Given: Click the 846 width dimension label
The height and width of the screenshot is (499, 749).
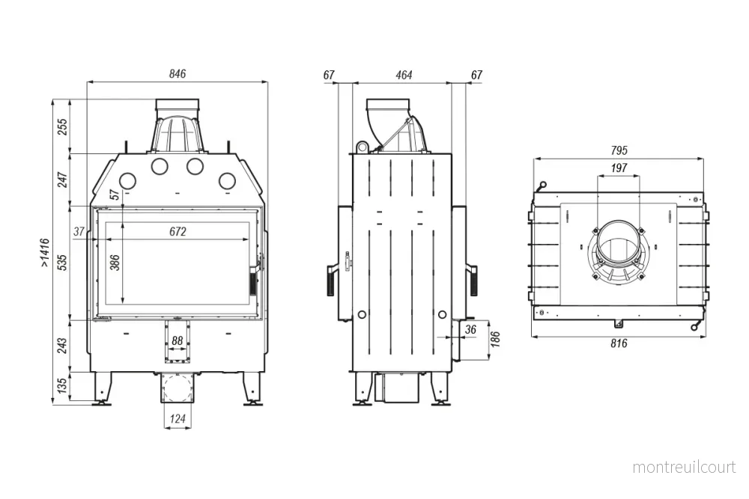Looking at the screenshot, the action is click(178, 74).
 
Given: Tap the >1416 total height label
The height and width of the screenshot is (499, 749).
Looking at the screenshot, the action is click(44, 252).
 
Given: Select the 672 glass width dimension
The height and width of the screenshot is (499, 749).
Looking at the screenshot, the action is click(178, 231).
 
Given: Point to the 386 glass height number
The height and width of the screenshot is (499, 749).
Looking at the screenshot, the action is click(115, 263).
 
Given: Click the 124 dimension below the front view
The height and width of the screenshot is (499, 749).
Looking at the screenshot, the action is click(178, 419).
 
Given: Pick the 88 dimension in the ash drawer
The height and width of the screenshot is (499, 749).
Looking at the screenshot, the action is click(178, 340).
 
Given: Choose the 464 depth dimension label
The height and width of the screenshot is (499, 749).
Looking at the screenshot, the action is click(404, 75).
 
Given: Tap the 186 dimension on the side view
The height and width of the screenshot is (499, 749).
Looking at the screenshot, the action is click(495, 339).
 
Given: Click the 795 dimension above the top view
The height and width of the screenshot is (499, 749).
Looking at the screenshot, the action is click(619, 150).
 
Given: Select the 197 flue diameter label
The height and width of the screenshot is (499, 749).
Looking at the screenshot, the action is click(619, 168).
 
